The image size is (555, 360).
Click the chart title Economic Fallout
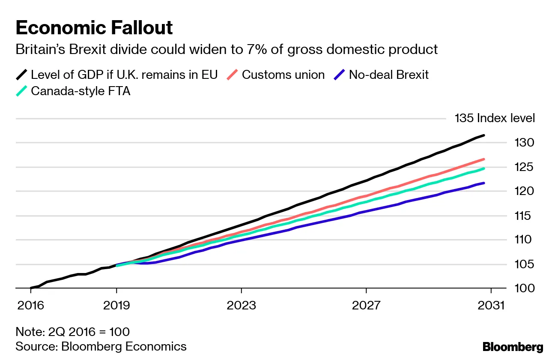pyautogui.click(x=94, y=28)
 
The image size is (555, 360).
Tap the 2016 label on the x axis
pyautogui.click(x=31, y=305)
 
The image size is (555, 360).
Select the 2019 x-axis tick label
pyautogui.click(x=116, y=305)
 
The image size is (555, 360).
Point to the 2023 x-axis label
pyautogui.click(x=242, y=305)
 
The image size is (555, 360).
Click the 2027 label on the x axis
pyautogui.click(x=366, y=305)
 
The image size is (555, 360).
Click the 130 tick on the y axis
pyautogui.click(x=524, y=142)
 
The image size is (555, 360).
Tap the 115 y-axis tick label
pyautogui.click(x=524, y=216)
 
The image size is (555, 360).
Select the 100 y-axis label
pyautogui.click(x=524, y=288)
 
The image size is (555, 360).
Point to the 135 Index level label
pyautogui.click(x=495, y=118)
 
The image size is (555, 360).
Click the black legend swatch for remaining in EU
pyautogui.click(x=22, y=75)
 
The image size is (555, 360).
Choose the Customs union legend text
pyautogui.click(x=283, y=75)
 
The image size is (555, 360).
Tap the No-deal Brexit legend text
pyautogui.click(x=388, y=75)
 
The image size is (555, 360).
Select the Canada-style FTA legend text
pyautogui.click(x=81, y=91)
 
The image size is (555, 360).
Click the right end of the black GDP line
pyautogui.click(x=484, y=135)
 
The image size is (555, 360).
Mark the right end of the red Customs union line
pyautogui.click(x=484, y=159)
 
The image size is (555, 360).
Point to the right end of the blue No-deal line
pyautogui.click(x=484, y=183)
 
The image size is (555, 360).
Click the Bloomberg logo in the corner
pyautogui.click(x=513, y=347)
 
